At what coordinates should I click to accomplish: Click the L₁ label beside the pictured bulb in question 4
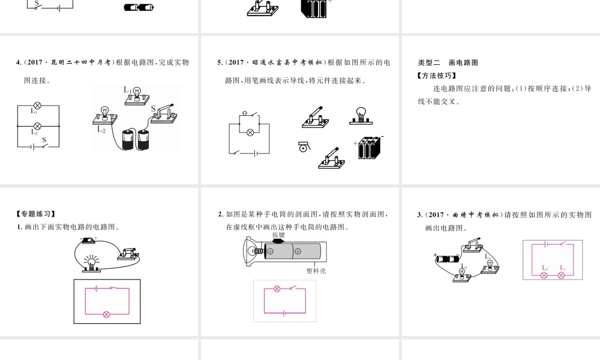click(128, 90)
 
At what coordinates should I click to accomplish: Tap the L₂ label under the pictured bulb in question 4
click(101, 128)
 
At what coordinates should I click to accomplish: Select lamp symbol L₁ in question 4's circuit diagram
click(37, 106)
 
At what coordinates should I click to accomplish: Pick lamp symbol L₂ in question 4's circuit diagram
click(37, 126)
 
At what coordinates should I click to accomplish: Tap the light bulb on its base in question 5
click(361, 115)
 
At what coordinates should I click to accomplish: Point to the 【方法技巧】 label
click(436, 76)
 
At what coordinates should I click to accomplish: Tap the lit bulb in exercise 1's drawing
click(91, 262)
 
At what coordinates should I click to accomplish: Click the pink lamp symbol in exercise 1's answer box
click(107, 314)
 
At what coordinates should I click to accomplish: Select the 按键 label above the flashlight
click(278, 235)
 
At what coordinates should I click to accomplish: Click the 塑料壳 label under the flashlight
click(316, 271)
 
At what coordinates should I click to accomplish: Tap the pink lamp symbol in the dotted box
click(277, 289)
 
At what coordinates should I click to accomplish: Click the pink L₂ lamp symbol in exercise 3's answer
click(545, 275)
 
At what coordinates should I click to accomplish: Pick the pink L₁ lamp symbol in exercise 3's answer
click(562, 275)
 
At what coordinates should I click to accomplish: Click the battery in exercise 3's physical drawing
click(446, 260)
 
